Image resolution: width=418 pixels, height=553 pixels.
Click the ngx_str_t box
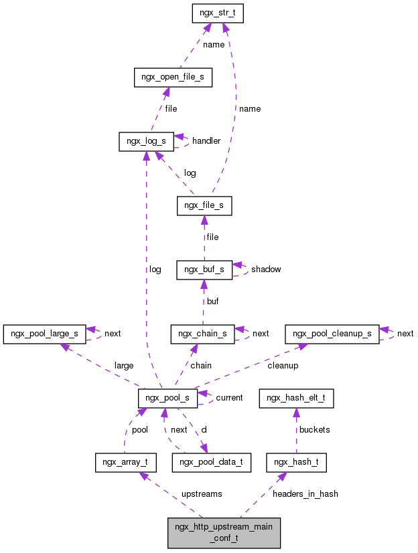point(216,14)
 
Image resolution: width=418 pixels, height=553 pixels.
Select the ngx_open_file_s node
point(173,78)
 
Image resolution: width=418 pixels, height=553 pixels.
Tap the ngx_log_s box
point(146,141)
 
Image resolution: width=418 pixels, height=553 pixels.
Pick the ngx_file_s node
point(204,206)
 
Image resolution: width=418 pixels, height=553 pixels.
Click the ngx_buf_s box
point(204,269)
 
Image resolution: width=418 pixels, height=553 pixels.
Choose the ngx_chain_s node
point(202,334)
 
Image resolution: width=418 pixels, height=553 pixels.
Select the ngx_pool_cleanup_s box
point(332,333)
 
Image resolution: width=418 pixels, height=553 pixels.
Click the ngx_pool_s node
point(167,398)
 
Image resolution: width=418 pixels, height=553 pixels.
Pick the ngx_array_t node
point(126,462)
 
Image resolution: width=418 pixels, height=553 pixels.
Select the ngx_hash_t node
point(296,462)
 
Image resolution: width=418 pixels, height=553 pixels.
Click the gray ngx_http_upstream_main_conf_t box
point(224,532)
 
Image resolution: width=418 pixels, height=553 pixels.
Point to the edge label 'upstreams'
point(202,494)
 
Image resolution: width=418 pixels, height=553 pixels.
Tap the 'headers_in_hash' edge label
point(305,494)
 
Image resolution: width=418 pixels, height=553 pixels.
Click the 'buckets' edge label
point(315,430)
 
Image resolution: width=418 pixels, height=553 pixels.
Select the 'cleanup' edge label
point(283,366)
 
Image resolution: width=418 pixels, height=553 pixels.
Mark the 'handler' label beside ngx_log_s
point(206,141)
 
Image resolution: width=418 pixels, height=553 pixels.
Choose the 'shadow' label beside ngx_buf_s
point(266,269)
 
